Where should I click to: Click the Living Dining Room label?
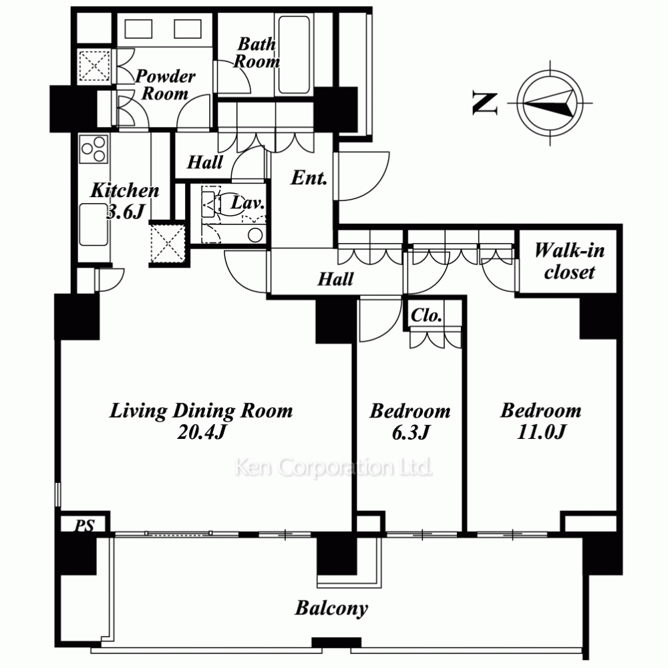[x=201, y=411]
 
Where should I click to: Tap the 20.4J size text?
[x=201, y=432]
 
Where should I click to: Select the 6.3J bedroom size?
[x=410, y=432]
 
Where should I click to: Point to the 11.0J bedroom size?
[x=541, y=432]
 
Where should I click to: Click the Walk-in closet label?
[x=569, y=261]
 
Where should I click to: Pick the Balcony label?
[x=331, y=609]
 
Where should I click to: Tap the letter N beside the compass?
[x=485, y=104]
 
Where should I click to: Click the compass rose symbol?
[x=550, y=103]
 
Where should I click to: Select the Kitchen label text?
[x=124, y=190]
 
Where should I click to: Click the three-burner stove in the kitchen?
[x=94, y=149]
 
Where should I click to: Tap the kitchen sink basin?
[x=94, y=224]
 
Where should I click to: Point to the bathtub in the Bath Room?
[x=293, y=55]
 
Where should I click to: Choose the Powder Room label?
[x=165, y=85]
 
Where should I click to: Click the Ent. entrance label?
[x=309, y=178]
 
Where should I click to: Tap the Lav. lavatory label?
[x=248, y=203]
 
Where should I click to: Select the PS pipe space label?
[x=84, y=526]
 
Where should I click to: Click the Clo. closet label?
[x=426, y=316]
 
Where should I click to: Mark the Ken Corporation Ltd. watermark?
[x=333, y=468]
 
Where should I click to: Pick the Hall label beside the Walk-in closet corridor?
[x=335, y=279]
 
